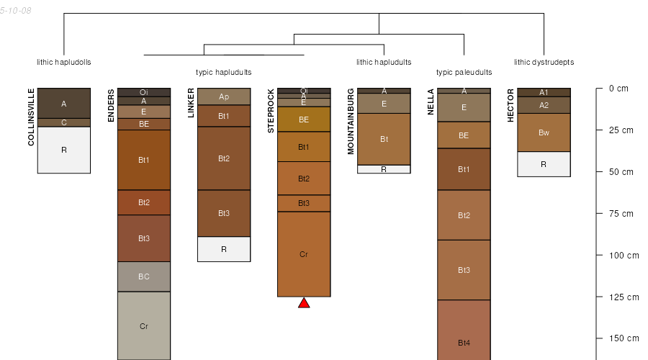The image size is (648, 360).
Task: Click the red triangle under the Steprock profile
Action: pyautogui.click(x=304, y=303)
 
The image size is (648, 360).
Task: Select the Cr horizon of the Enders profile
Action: pyautogui.click(x=144, y=325)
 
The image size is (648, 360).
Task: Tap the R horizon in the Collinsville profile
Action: pyautogui.click(x=64, y=150)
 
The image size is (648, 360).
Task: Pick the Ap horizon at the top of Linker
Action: pyautogui.click(x=224, y=96)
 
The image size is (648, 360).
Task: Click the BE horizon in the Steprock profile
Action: pyautogui.click(x=304, y=120)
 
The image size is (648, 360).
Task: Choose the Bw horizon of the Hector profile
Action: pyautogui.click(x=544, y=132)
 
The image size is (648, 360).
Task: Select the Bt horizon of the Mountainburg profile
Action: pyautogui.click(x=384, y=139)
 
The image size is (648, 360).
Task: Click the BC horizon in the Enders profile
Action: pyautogui.click(x=144, y=276)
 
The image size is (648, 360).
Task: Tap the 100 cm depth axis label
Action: pyautogui.click(x=624, y=256)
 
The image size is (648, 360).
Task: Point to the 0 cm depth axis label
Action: pyautogui.click(x=618, y=89)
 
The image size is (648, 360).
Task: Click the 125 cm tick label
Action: pyautogui.click(x=624, y=297)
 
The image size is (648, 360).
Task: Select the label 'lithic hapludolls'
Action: pyautogui.click(x=64, y=62)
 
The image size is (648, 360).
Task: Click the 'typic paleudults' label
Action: pyautogui.click(x=464, y=73)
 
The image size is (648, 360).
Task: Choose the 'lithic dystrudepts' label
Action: pyautogui.click(x=544, y=62)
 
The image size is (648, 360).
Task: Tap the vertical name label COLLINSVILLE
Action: pyautogui.click(x=32, y=117)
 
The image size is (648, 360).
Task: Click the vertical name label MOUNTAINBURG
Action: pyautogui.click(x=351, y=122)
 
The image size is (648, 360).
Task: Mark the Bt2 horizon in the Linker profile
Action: pyautogui.click(x=224, y=158)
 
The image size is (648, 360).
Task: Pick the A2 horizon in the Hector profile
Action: pyautogui.click(x=544, y=105)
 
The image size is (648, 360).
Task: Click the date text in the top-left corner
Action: pyautogui.click(x=16, y=11)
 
